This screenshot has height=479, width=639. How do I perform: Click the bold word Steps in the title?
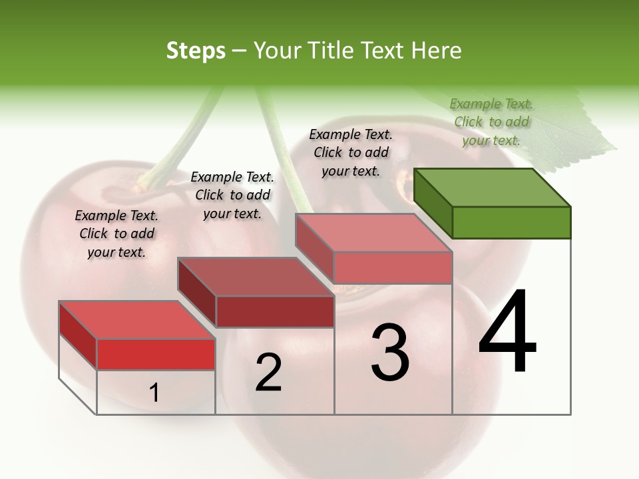[196, 51]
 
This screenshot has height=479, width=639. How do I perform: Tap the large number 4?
[507, 332]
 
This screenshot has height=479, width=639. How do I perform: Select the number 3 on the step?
[389, 353]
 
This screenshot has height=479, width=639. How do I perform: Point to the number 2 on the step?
[268, 373]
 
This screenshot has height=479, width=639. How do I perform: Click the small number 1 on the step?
[154, 393]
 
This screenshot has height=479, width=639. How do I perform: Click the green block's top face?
[493, 188]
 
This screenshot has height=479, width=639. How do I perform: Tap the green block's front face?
[511, 222]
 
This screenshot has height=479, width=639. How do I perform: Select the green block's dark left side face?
[433, 203]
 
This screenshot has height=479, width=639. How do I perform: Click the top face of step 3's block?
[374, 233]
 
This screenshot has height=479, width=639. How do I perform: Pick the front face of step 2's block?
[274, 311]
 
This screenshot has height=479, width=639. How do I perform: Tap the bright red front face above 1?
[156, 354]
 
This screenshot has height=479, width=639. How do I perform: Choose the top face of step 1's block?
[137, 320]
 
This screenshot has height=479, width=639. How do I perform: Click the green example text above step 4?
[491, 122]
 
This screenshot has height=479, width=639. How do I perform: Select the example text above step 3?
[351, 152]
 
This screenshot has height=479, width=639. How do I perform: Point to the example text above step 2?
[232, 195]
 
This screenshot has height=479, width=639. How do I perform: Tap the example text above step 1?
[116, 234]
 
